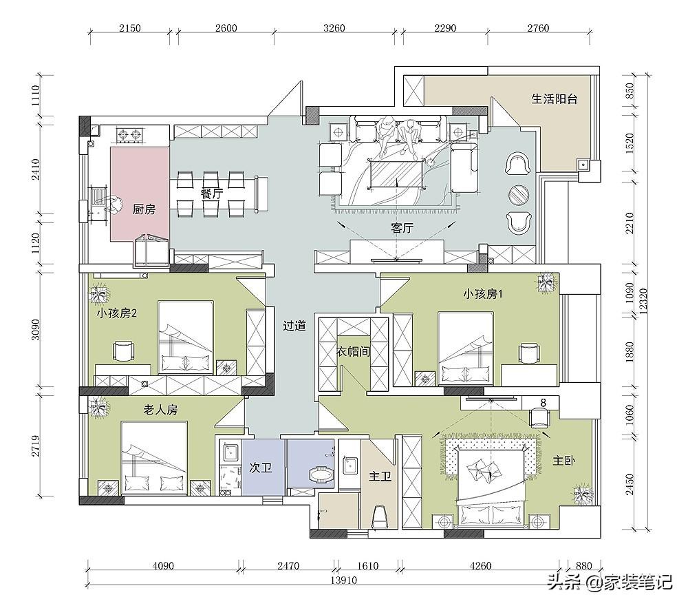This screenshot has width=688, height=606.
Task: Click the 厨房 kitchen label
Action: coord(144,209)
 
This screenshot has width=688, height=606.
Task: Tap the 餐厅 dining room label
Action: coord(212,194)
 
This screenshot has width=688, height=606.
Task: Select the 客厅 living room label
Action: coord(402,228)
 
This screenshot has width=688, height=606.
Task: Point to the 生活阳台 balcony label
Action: coord(554,98)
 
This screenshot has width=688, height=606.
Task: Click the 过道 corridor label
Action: coord(294,326)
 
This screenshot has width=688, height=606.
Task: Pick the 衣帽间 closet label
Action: coord(353,351)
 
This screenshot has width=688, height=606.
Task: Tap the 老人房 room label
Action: coord(160,410)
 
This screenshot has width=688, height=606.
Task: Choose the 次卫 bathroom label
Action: coord(261,467)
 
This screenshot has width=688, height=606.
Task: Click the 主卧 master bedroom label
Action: coord(564,461)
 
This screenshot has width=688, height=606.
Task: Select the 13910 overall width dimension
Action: coord(343,580)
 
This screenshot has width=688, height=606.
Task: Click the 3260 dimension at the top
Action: coord(334,28)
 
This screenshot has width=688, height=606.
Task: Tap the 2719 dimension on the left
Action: coord(36,446)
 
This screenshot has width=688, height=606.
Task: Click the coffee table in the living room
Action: coord(397,174)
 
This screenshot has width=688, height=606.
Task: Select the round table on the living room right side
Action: coord(519,194)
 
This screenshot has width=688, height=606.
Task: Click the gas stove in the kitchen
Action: coord(130,135)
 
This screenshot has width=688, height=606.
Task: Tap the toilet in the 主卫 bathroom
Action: coord(380,516)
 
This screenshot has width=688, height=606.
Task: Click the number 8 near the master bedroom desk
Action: coord(544,402)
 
